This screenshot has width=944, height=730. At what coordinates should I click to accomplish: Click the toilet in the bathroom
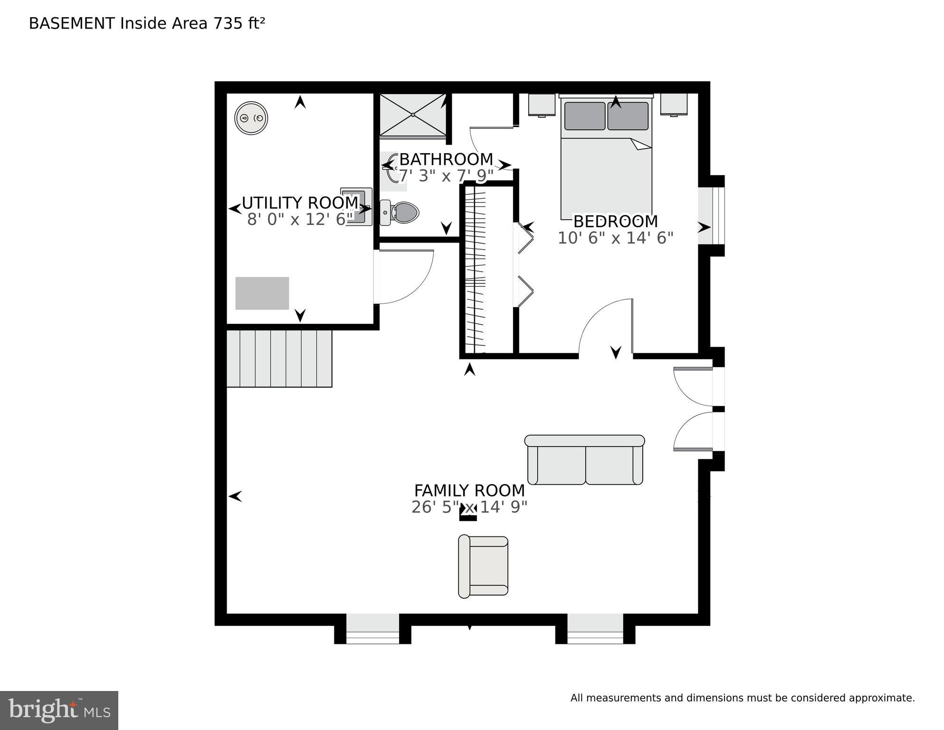point(400,212)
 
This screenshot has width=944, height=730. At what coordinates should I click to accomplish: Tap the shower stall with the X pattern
point(413,115)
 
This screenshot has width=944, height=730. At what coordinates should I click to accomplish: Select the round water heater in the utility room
point(251,118)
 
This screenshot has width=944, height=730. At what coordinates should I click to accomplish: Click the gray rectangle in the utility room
point(262,293)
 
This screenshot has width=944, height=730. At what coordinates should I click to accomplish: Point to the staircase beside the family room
point(279,359)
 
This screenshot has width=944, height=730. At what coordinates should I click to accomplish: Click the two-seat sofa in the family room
point(585,460)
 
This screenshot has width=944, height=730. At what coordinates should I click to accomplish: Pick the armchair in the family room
point(483,566)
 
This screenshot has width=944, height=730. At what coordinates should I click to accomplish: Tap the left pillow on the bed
point(584,116)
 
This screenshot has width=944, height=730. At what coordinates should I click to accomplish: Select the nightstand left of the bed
point(542,105)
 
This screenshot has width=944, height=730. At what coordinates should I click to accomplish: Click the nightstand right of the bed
point(674,105)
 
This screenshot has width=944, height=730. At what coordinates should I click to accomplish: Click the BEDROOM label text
point(615,222)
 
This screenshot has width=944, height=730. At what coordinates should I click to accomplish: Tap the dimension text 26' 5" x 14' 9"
point(469,507)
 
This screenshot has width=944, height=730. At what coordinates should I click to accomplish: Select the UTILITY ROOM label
point(300,203)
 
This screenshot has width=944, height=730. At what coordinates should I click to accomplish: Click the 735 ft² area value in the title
point(239,23)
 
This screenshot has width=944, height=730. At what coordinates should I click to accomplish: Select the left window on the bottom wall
point(372,629)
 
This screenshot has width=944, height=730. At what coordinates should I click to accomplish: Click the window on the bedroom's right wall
point(711,216)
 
